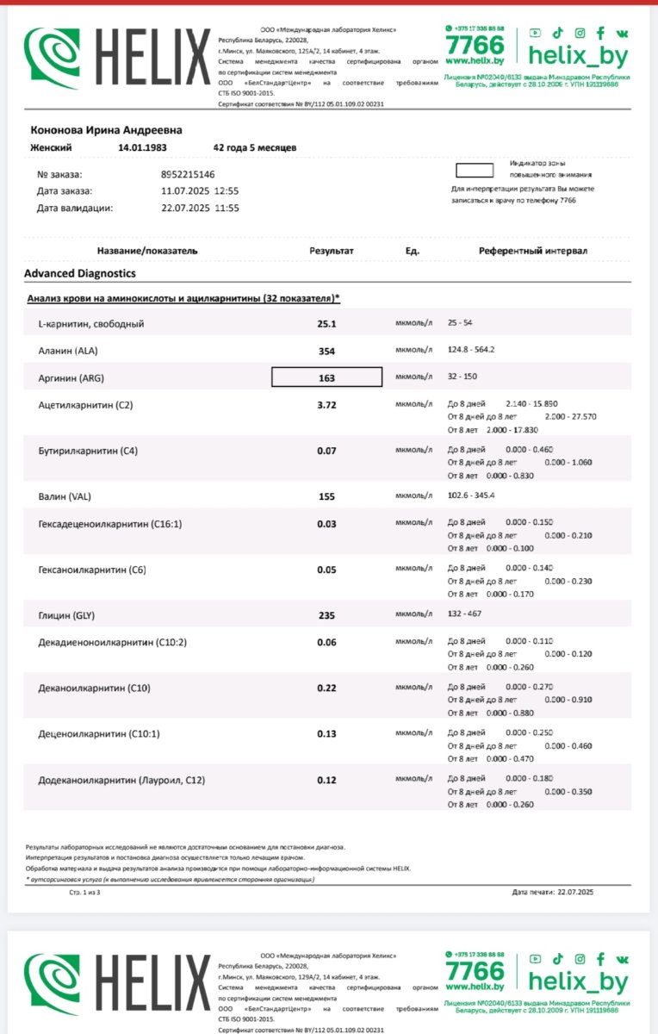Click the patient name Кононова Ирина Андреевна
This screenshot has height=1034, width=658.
click(x=107, y=130)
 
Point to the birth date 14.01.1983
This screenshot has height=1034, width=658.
click(x=142, y=147)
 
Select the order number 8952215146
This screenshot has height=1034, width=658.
click(x=188, y=174)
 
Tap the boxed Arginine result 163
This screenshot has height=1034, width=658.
click(x=326, y=377)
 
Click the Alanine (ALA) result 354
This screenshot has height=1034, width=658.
click(x=326, y=351)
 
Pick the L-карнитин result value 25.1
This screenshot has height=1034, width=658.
click(x=326, y=324)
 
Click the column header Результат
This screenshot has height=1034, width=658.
click(x=332, y=251)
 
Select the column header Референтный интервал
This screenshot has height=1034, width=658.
click(x=533, y=251)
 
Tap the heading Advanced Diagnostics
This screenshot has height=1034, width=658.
click(x=80, y=273)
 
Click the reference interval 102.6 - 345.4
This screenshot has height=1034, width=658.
click(x=471, y=497)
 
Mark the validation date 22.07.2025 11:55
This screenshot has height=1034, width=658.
click(x=200, y=208)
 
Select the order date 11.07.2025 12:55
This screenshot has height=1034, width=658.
click(x=200, y=190)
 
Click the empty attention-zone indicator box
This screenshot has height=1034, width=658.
click(x=474, y=171)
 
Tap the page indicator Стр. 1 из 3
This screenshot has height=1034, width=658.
click(x=84, y=892)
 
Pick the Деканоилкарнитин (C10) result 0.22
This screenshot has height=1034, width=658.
click(x=326, y=689)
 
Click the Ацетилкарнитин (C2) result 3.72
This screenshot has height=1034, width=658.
click(x=326, y=404)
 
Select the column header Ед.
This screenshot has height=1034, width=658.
click(x=412, y=251)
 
